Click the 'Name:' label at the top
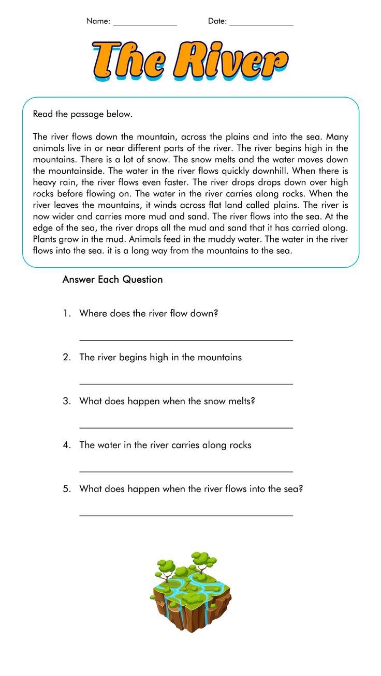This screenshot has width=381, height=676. coord(98,21)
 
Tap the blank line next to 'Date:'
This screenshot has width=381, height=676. coord(261,24)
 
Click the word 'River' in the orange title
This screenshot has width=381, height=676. coord(230,60)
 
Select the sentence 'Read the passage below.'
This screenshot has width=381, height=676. coord(83,114)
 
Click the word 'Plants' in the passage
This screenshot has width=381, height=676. coord(46,240)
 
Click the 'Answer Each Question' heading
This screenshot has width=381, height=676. coord(112,280)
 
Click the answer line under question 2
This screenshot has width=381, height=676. coord(186,383)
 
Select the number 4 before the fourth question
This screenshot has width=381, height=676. coord(66,445)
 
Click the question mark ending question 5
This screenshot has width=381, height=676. coord(300,488)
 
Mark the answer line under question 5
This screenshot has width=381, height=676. coord(186,515)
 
